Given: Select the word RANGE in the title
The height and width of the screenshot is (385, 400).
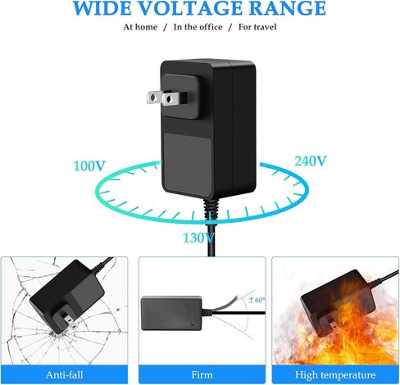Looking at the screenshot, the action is (288, 7).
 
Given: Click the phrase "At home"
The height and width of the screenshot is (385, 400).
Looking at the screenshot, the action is (140, 27).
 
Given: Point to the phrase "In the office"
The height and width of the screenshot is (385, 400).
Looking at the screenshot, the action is (198, 27).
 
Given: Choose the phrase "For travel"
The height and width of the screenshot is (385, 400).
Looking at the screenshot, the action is (257, 27).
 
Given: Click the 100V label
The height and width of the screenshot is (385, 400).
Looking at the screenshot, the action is (89, 165).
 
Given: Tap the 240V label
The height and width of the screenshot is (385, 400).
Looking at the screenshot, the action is (311, 161).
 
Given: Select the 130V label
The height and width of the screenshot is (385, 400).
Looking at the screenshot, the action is (198, 238).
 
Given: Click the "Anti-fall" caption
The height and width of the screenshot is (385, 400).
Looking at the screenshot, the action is (65, 374).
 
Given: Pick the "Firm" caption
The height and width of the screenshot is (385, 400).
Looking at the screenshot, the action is (202, 374).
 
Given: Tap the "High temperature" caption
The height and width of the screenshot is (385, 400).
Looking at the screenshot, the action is (335, 375).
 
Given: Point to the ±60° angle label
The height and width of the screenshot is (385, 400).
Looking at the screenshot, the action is (257, 300).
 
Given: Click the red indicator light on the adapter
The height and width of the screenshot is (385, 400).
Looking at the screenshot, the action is (192, 324).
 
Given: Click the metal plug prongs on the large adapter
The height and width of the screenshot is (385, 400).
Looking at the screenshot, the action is (166, 98).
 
